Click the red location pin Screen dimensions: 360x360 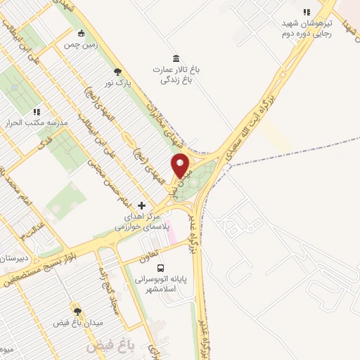pyautogui.click(x=181, y=165)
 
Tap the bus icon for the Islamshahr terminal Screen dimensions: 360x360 pyautogui.click(x=161, y=268)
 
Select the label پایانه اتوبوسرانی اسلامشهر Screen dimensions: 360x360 pyautogui.click(x=164, y=283)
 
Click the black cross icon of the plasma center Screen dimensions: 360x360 pyautogui.click(x=142, y=205)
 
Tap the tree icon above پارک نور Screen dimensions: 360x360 pyautogui.click(x=117, y=71)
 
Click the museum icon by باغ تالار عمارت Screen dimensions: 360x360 pyautogui.click(x=175, y=58)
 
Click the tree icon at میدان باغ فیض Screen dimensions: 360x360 pyautogui.click(x=77, y=310)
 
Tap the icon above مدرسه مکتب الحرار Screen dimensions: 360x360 pyautogui.click(x=37, y=111)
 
